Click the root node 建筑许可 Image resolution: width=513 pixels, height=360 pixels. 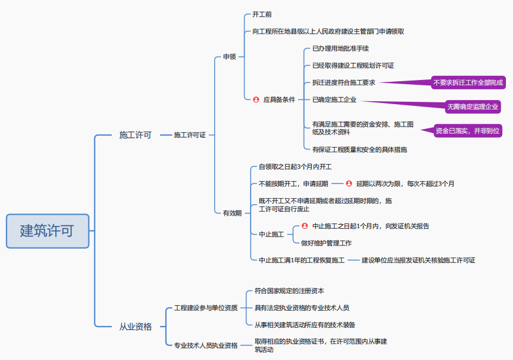pyautogui.click(x=47, y=231)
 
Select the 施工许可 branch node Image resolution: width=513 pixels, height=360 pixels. pyautogui.click(x=135, y=135)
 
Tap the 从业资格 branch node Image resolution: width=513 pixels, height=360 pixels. pyautogui.click(x=135, y=326)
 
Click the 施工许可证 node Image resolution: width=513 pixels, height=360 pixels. pyautogui.click(x=189, y=135)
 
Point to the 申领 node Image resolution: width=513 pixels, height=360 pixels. pyautogui.click(x=229, y=57)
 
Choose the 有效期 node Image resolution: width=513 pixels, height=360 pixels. pyautogui.click(x=232, y=213)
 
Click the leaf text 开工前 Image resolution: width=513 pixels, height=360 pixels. pyautogui.click(x=262, y=14)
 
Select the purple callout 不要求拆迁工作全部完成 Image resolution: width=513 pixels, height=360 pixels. pyautogui.click(x=468, y=82)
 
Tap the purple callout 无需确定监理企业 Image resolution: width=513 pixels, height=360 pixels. pyautogui.click(x=472, y=106)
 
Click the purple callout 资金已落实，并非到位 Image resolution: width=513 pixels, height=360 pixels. pyautogui.click(x=468, y=131)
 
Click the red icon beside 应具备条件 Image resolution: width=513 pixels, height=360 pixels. pyautogui.click(x=256, y=99)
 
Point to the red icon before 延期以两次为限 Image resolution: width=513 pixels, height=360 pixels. pyautogui.click(x=349, y=184)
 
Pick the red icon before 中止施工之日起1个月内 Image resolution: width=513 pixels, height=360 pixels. pyautogui.click(x=305, y=226)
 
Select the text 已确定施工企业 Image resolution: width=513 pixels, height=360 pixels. pyautogui.click(x=334, y=99)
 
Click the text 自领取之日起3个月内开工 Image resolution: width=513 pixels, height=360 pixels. pyautogui.click(x=295, y=167)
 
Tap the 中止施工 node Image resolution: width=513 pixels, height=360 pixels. pyautogui.click(x=271, y=234)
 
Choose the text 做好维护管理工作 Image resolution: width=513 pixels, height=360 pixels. pyautogui.click(x=326, y=243)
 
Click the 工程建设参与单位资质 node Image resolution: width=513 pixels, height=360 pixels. pyautogui.click(x=206, y=308)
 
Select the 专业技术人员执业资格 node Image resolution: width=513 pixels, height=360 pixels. pyautogui.click(x=206, y=345)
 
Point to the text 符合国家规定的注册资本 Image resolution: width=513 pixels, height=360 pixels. pyautogui.click(x=289, y=291)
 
